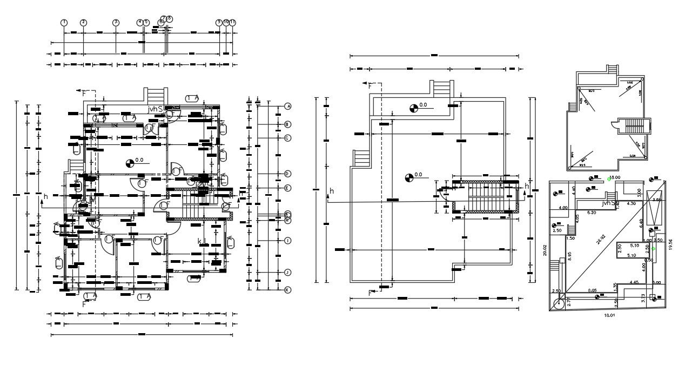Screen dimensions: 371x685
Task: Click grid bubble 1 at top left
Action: pyautogui.click(x=64, y=22)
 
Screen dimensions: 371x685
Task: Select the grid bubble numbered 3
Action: pyautogui.click(x=116, y=22)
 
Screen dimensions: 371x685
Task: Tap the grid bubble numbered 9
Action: pyautogui.click(x=219, y=22)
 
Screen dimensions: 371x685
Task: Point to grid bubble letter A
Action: pyautogui.click(x=288, y=107)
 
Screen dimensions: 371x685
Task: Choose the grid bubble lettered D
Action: pyautogui.click(x=288, y=174)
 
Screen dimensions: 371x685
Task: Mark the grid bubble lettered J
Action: pyautogui.click(x=288, y=272)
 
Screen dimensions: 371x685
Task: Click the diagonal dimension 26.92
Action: pyautogui.click(x=601, y=239)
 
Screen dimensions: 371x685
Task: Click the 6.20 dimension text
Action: pyautogui.click(x=592, y=213)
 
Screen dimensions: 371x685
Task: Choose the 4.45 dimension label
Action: pyautogui.click(x=634, y=282)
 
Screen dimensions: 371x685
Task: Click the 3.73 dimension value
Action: pyautogui.click(x=642, y=297)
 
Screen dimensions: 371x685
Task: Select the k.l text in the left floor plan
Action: pyautogui.click(x=201, y=241)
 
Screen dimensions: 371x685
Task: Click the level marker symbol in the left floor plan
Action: pyautogui.click(x=129, y=162)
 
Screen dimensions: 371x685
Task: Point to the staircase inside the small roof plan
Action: pyautogui.click(x=635, y=127)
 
